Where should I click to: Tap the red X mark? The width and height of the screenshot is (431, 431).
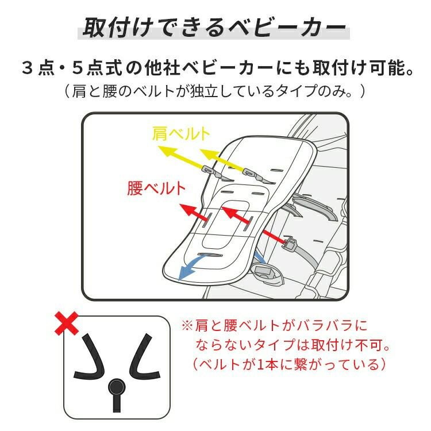(68, 325)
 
